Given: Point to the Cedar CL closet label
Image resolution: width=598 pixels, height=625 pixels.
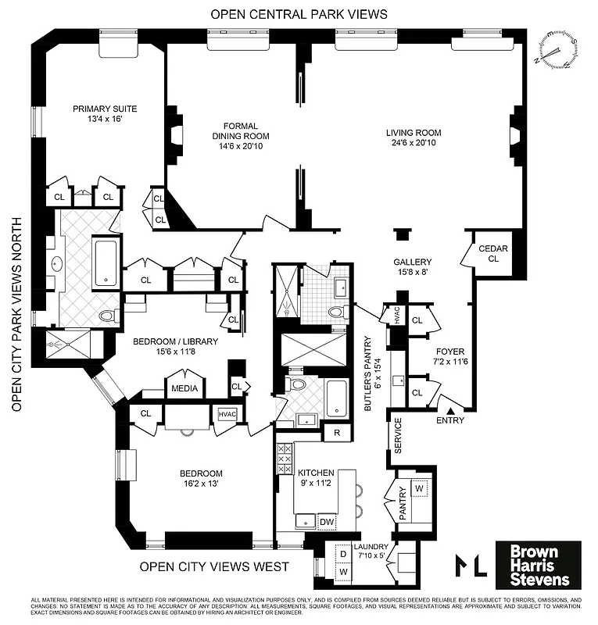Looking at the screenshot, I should pyautogui.click(x=498, y=254).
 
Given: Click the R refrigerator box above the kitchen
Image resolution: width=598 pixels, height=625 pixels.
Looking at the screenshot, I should pyautogui.click(x=337, y=432).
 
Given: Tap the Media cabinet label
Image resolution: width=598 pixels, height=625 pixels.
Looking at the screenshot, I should pyautogui.click(x=184, y=388).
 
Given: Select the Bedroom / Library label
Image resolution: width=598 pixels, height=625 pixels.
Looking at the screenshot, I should pyautogui.click(x=174, y=346).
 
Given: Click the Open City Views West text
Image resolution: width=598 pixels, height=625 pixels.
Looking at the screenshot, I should pyautogui.click(x=214, y=566).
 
